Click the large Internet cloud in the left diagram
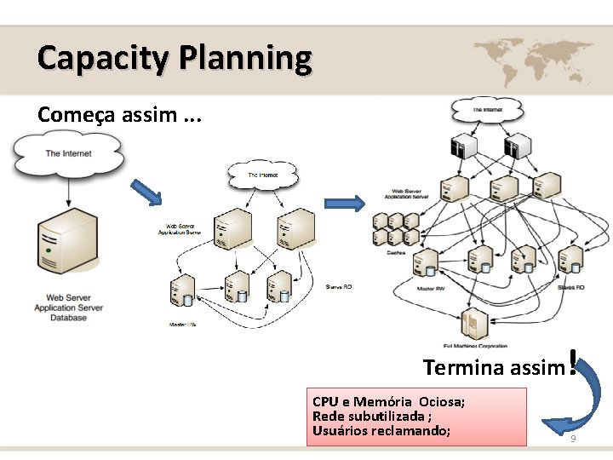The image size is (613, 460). pyautogui.click(x=68, y=154)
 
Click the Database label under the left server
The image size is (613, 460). pyautogui.click(x=68, y=318)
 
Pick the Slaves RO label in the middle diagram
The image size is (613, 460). pyautogui.click(x=338, y=287)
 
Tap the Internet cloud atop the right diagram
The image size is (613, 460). pyautogui.click(x=488, y=108)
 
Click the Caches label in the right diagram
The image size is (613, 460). pyautogui.click(x=397, y=252)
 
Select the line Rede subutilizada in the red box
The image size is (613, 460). pyautogui.click(x=371, y=416)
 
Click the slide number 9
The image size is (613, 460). pyautogui.click(x=573, y=438)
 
